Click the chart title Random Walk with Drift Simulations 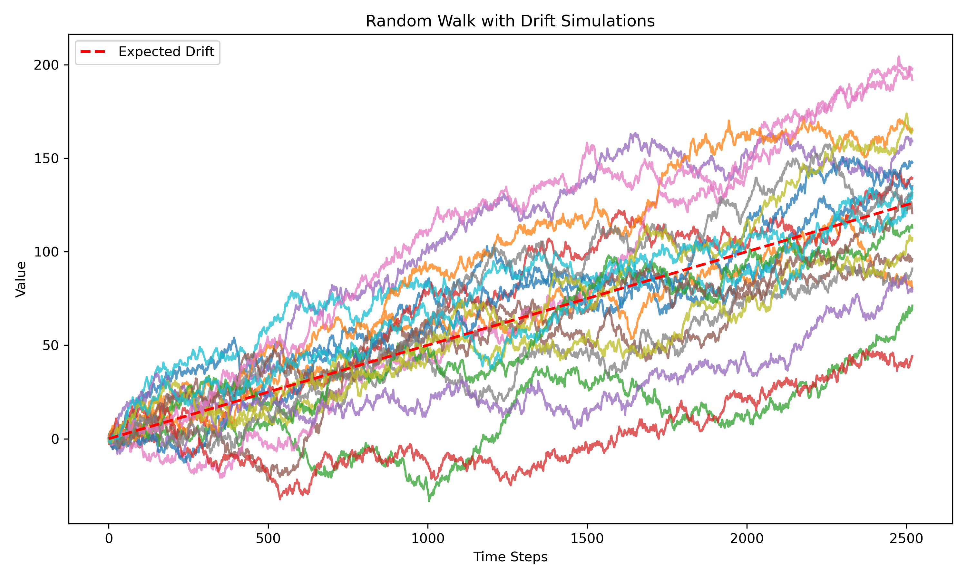pos(510,21)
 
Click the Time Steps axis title pos(510,557)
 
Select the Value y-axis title pos(21,279)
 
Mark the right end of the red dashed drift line pos(912,203)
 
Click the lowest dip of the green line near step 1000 pos(429,501)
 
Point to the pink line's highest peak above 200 pos(898,57)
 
